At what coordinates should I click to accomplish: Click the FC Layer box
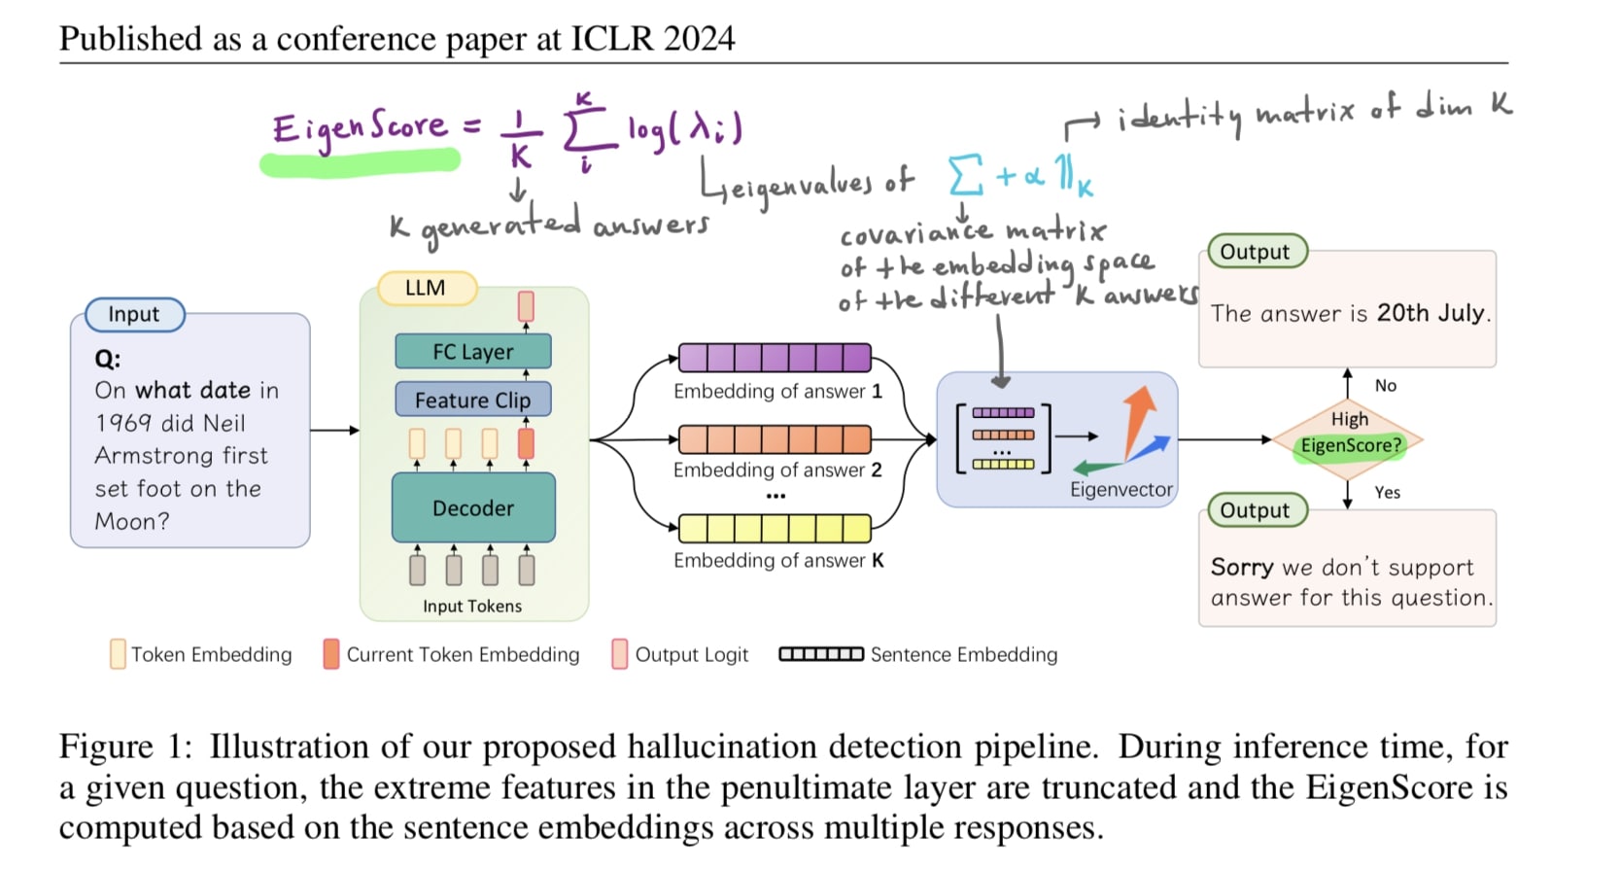(472, 351)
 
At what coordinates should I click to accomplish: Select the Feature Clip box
(472, 400)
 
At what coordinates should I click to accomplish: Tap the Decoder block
(473, 507)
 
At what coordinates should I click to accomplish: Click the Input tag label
(134, 314)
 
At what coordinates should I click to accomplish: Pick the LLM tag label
(426, 288)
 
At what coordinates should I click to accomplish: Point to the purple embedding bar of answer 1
(775, 358)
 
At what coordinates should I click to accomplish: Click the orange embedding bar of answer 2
(775, 439)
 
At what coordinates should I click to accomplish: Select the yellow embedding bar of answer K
(775, 528)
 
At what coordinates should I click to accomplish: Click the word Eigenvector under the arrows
(1121, 490)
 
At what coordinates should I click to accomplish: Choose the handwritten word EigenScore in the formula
(360, 128)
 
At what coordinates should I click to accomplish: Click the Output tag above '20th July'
(1255, 252)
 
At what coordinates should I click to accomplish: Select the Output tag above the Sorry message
(1255, 510)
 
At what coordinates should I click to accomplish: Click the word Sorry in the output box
(1242, 567)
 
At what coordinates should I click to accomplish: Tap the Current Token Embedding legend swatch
(331, 654)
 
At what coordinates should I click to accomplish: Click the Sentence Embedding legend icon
(821, 654)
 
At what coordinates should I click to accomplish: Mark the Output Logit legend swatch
(619, 654)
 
